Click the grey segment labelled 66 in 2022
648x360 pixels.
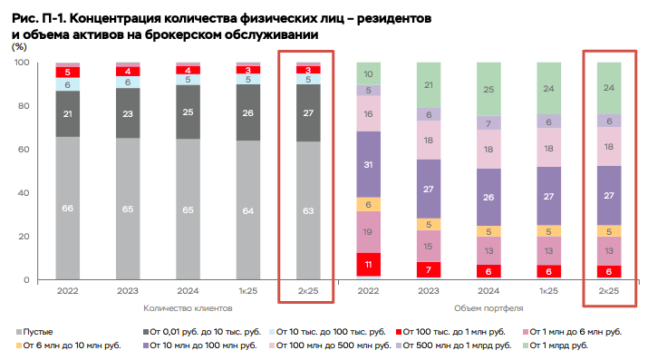pyautogui.click(x=67, y=208)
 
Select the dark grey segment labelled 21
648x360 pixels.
pyautogui.click(x=67, y=113)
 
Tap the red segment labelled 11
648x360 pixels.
pyautogui.click(x=368, y=265)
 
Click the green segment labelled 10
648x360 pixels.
pyautogui.click(x=368, y=73)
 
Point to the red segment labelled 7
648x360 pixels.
pyautogui.click(x=428, y=269)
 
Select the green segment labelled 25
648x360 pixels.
pyautogui.click(x=488, y=89)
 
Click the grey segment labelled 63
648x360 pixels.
pyautogui.click(x=308, y=210)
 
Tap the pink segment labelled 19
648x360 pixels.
pyautogui.click(x=368, y=232)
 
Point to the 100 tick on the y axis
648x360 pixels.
pyautogui.click(x=24, y=62)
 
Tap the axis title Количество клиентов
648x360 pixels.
pyautogui.click(x=187, y=307)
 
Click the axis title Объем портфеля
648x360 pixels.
pyautogui.click(x=488, y=307)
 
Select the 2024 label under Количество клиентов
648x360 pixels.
pyautogui.click(x=188, y=291)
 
